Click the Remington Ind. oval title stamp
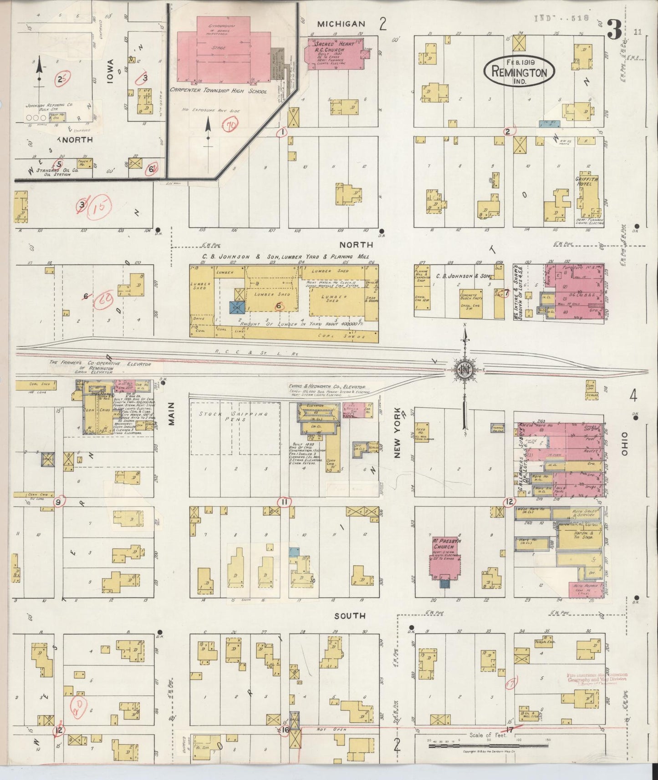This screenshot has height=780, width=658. (519, 70)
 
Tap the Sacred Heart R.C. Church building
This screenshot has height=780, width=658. (335, 54)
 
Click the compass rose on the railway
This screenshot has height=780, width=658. (465, 369)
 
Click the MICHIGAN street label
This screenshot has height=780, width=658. (341, 24)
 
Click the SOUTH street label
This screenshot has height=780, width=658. (350, 615)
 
